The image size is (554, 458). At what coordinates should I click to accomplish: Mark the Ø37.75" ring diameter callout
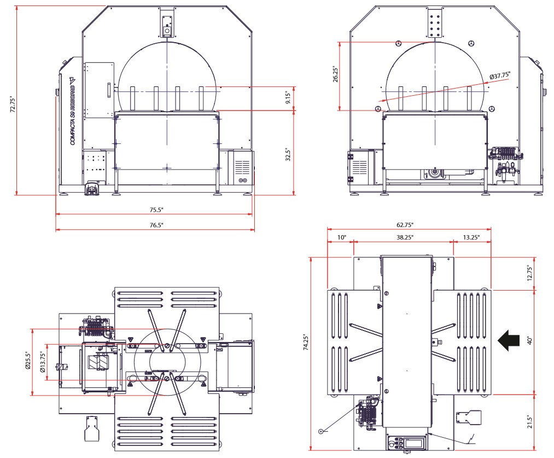point(504,76)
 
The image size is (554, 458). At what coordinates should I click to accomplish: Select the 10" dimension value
point(341,237)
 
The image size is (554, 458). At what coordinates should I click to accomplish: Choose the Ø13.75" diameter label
point(42,362)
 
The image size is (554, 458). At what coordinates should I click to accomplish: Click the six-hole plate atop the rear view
point(435,24)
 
